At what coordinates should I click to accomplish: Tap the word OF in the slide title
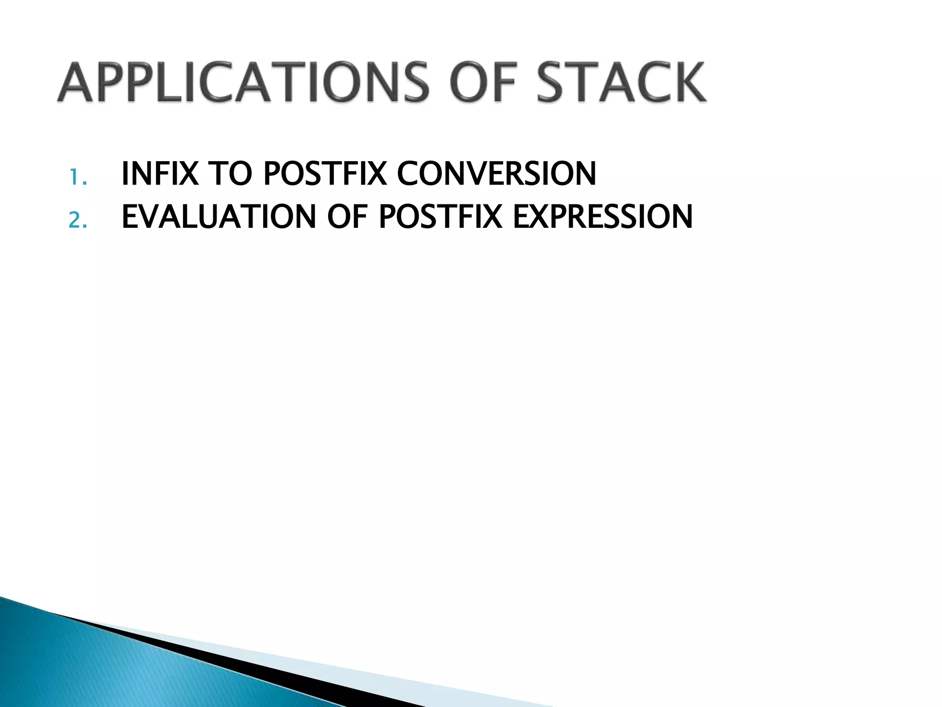[x=483, y=83]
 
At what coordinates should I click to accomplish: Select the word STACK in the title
[x=621, y=83]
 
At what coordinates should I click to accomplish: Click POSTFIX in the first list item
[x=325, y=174]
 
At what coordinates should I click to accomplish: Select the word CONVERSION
[x=496, y=174]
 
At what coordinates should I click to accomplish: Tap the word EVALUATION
[x=219, y=217]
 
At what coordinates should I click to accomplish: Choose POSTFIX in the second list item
[x=440, y=217]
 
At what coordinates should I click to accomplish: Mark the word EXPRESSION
[x=603, y=217]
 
